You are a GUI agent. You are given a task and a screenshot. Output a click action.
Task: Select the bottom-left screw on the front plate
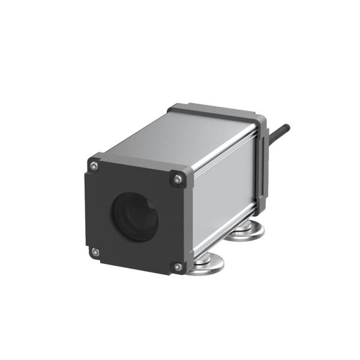94,251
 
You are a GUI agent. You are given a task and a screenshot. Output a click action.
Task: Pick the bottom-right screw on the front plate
177,266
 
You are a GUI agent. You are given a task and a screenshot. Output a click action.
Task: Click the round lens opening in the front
134,216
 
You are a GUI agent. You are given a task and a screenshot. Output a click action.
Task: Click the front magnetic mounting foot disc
207,262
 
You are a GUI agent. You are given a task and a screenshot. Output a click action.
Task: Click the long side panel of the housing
225,192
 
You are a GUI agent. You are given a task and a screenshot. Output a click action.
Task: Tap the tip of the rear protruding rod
289,127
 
